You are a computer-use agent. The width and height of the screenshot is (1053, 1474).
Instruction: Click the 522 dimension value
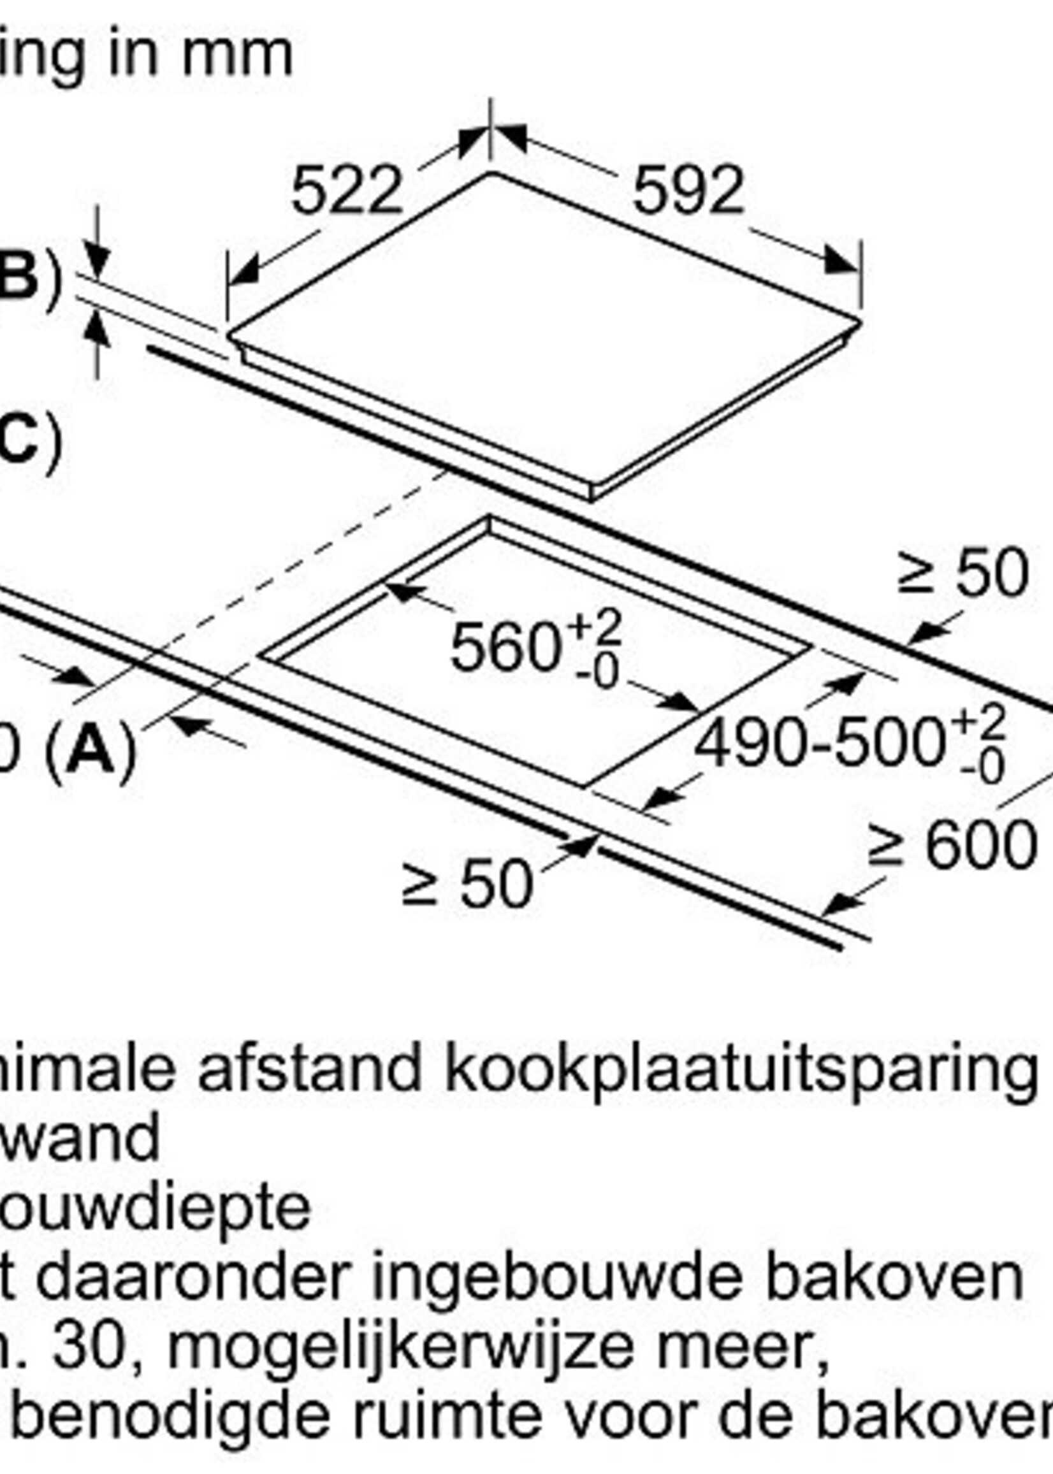point(347,191)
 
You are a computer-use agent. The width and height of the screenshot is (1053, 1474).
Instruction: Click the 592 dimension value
point(688,191)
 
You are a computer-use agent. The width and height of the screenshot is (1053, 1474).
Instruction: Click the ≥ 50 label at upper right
point(962,573)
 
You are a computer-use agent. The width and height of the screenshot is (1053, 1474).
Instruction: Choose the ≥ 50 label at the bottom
point(467,883)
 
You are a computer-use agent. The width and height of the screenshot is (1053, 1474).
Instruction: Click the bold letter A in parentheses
point(90,749)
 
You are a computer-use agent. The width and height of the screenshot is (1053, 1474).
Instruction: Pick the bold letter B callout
point(17,276)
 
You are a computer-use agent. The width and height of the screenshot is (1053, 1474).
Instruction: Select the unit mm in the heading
point(237,54)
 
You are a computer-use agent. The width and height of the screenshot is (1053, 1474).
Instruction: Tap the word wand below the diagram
point(78,1139)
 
